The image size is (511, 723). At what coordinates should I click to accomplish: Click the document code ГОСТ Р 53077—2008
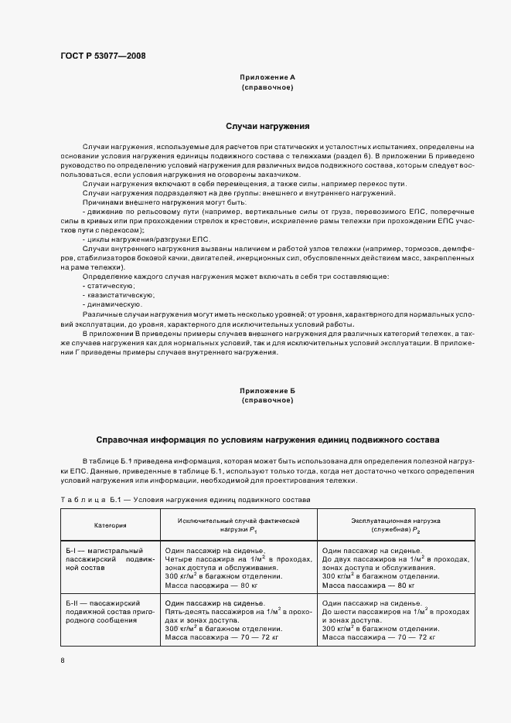point(102,56)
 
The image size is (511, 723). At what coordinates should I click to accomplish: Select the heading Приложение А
point(267,78)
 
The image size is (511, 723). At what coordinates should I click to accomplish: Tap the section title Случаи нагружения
point(267,125)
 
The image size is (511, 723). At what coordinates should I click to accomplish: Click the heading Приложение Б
point(267,391)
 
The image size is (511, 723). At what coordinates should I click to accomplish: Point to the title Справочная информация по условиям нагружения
point(267,438)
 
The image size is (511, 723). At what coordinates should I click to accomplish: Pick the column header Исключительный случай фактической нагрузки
point(237,526)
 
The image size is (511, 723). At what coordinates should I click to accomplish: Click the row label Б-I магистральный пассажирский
point(111,557)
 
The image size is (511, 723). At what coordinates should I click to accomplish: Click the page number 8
point(63,661)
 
